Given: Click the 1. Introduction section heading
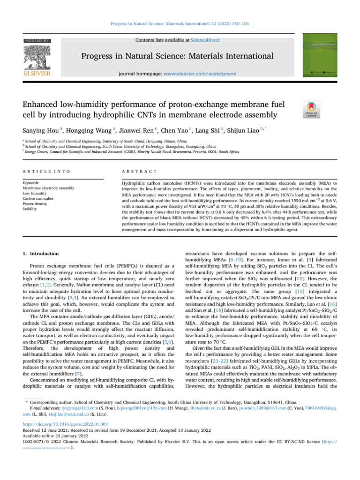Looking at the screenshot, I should tap(41, 254).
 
